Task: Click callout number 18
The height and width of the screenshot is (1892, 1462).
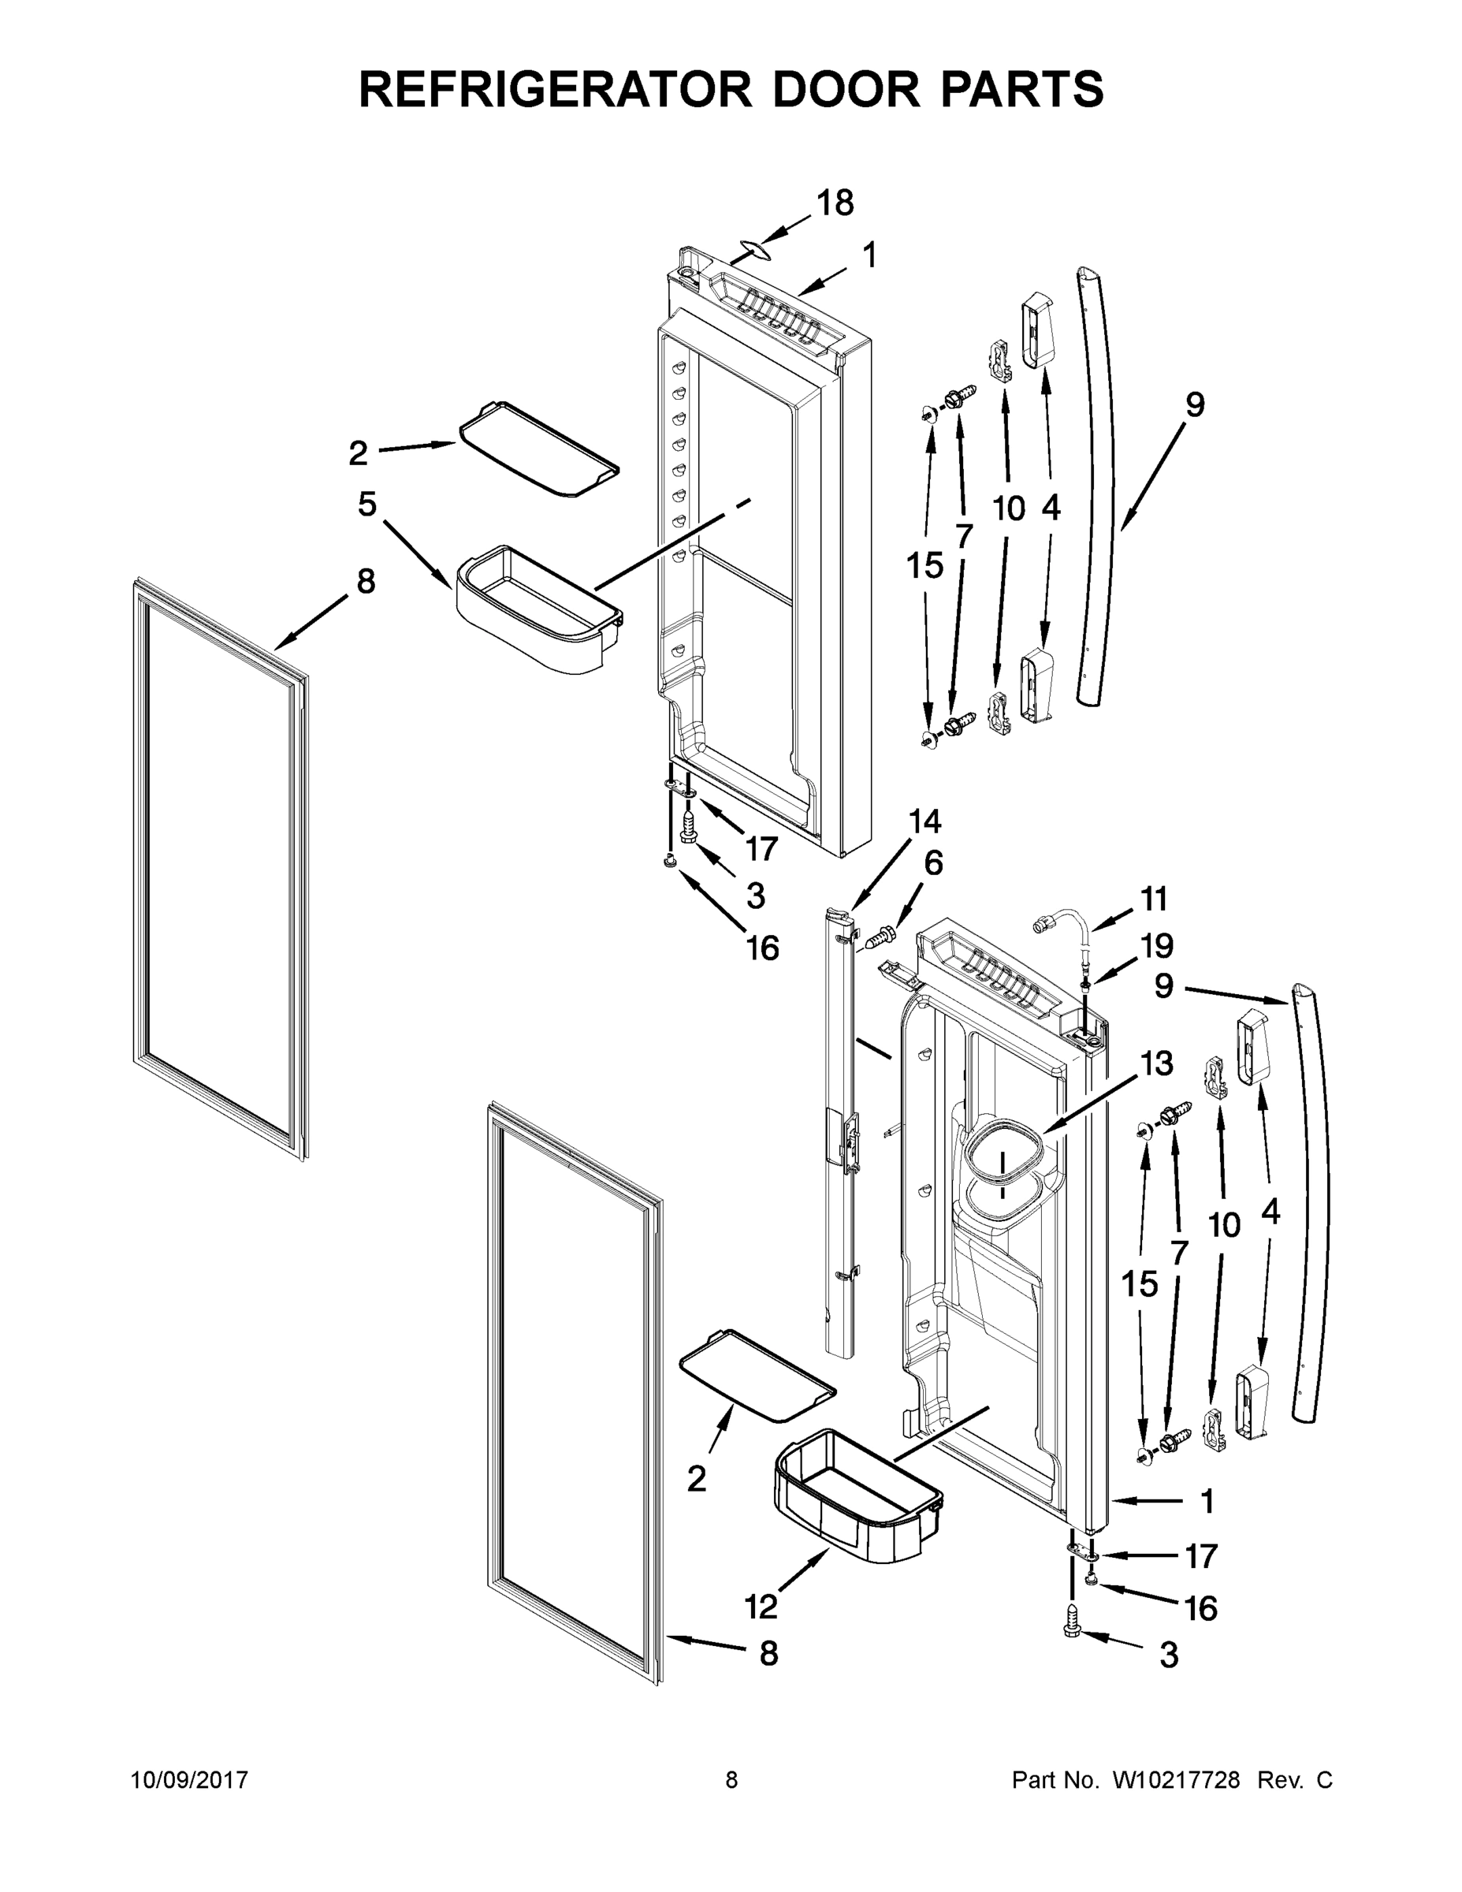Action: [x=835, y=203]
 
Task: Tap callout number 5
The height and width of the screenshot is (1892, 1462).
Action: [x=367, y=505]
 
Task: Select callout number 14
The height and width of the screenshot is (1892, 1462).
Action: [x=925, y=821]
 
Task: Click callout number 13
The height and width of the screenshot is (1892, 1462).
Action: [x=1157, y=1063]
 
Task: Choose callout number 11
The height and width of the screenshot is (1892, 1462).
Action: [x=1154, y=899]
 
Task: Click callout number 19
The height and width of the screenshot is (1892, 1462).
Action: [x=1155, y=946]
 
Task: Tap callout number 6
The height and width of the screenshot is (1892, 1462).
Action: [x=933, y=863]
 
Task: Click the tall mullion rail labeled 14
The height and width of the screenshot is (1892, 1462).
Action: [x=840, y=1127]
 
